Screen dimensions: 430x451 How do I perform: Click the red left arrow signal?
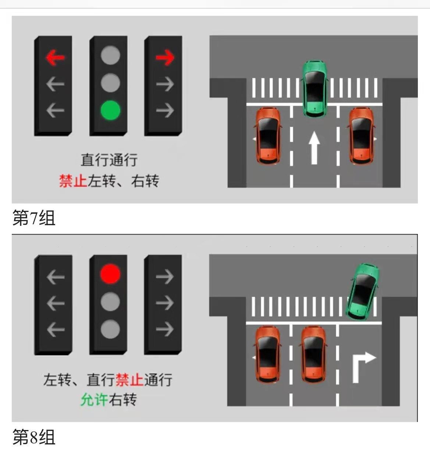tap(56, 57)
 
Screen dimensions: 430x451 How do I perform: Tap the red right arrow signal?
tap(165, 57)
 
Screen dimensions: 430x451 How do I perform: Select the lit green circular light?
tap(111, 110)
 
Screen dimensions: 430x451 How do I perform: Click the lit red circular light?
tap(110, 274)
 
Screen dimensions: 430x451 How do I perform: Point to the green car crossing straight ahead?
tap(314, 89)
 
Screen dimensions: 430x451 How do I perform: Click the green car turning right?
tap(362, 291)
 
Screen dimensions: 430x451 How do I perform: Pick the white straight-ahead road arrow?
tap(314, 148)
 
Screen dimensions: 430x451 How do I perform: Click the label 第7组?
tap(34, 218)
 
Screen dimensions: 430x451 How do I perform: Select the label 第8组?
tap(34, 437)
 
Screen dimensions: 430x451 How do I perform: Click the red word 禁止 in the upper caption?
tap(73, 181)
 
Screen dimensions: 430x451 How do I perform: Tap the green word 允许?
tap(94, 400)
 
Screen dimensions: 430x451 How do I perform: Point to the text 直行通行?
tap(109, 160)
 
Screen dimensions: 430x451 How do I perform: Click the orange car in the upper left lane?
tap(268, 136)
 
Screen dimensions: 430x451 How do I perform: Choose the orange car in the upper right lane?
tap(362, 136)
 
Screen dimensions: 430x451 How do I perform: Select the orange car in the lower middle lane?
tap(313, 355)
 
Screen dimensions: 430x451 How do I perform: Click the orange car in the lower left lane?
tap(267, 355)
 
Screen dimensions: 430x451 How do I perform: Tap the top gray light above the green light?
tap(111, 55)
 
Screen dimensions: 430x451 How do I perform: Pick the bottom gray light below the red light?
tap(110, 329)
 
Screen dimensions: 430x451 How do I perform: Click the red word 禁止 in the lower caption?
tap(129, 380)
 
